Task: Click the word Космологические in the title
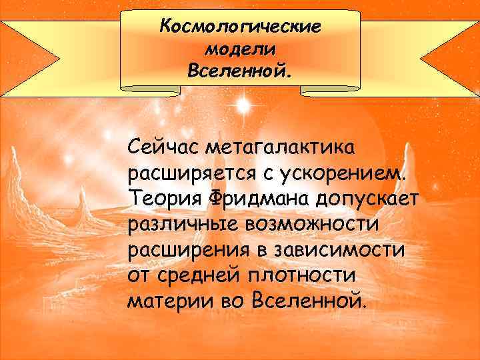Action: (x=240, y=27)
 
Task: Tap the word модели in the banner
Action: (x=240, y=49)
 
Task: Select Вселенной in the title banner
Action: (x=240, y=70)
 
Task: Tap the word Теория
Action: (x=157, y=199)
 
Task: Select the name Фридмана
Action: (x=247, y=199)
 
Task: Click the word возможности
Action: (x=313, y=225)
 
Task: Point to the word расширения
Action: (x=185, y=251)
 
